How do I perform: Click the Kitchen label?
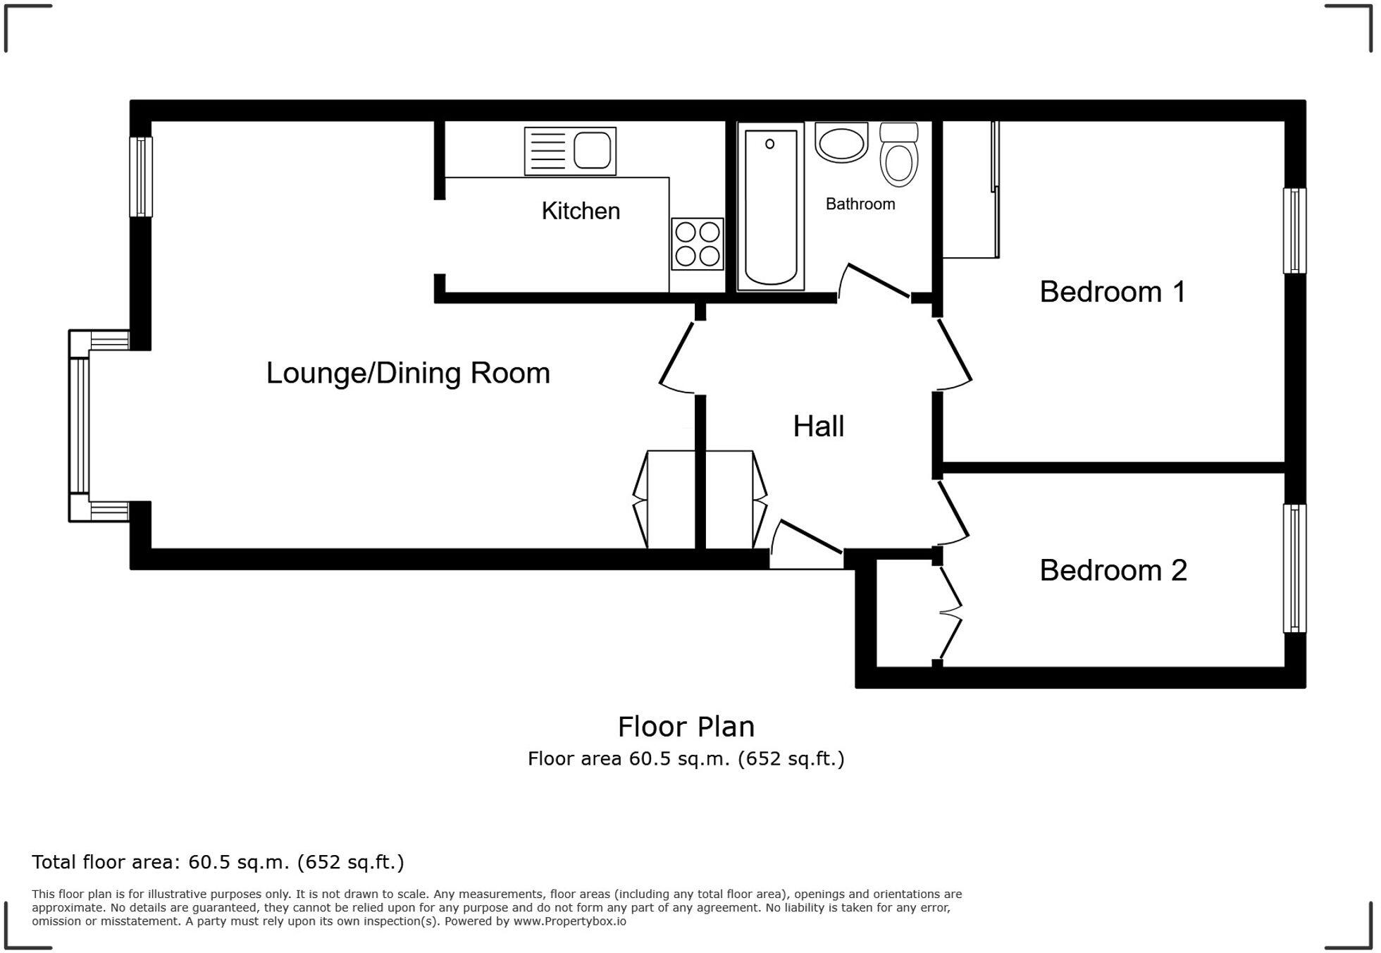[x=581, y=211]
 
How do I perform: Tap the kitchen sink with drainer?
[x=570, y=151]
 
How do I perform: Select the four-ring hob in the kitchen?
[x=697, y=244]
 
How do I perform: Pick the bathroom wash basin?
[x=841, y=144]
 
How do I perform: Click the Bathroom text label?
[x=860, y=204]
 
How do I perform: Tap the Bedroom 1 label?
[x=1113, y=292]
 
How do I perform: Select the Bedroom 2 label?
[x=1113, y=570]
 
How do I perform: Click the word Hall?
[x=818, y=426]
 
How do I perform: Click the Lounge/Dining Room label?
[x=408, y=373]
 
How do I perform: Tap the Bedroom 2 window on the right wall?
[x=1294, y=568]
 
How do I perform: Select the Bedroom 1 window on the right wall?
[x=1294, y=230]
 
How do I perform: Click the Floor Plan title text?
[x=686, y=727]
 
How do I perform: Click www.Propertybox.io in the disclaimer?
[x=569, y=921]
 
